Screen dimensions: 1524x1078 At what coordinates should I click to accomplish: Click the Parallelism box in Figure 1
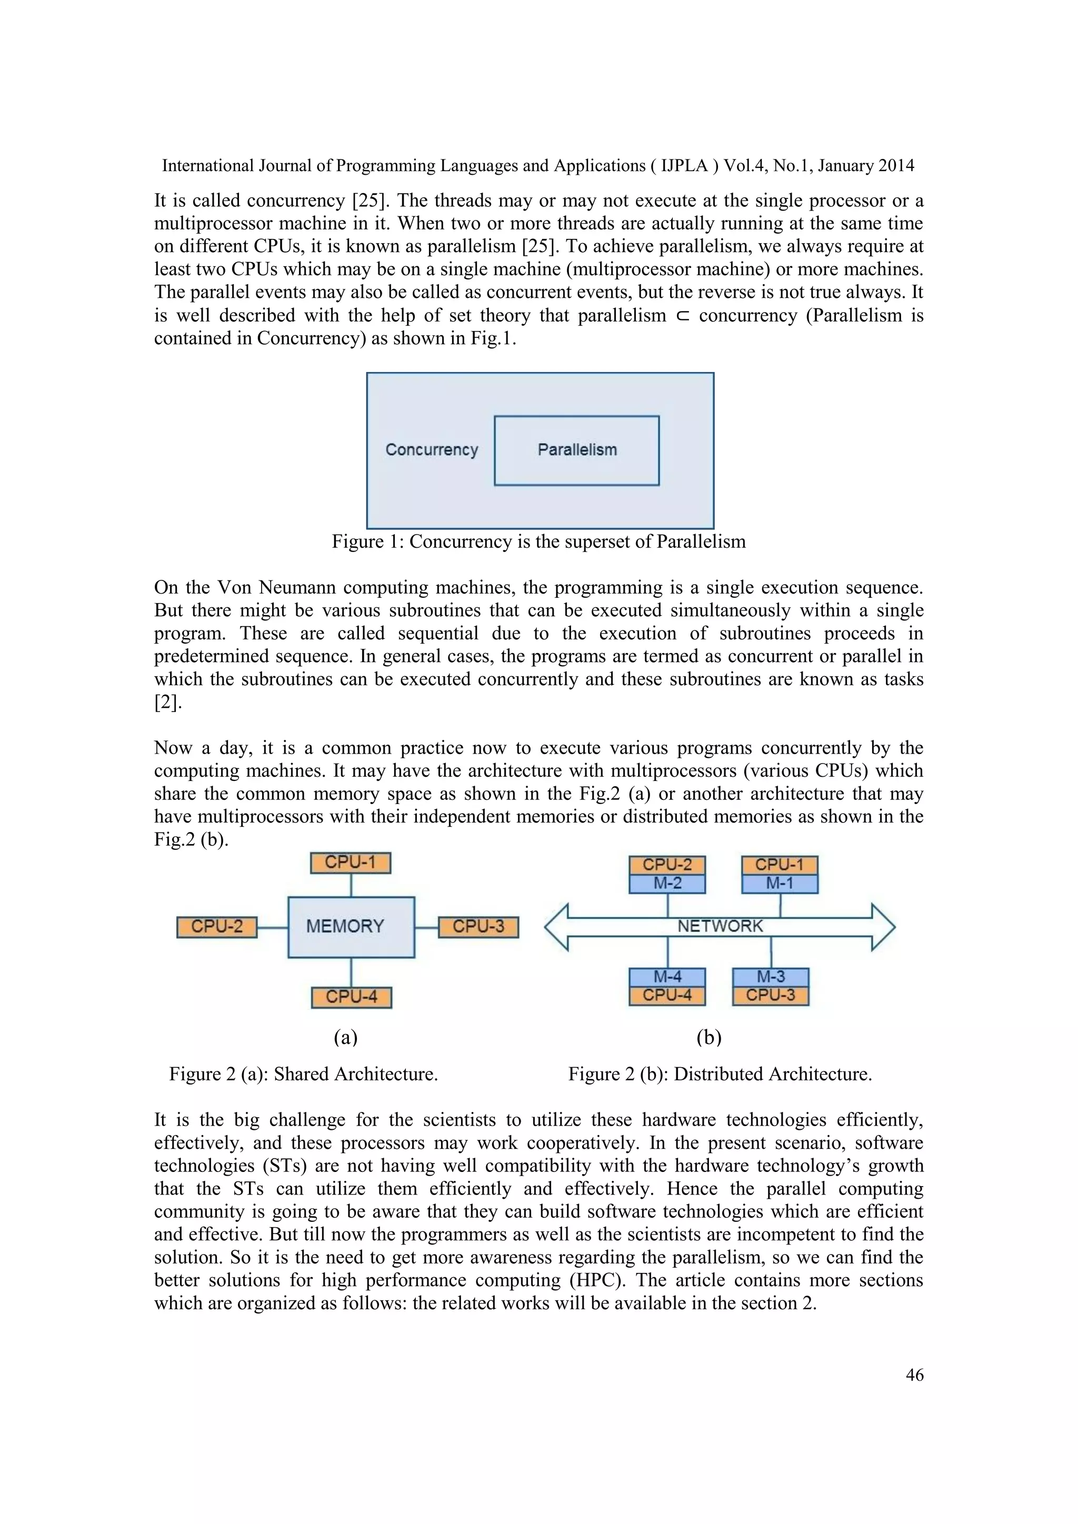576,450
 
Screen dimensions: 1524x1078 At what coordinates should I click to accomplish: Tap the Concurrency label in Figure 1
432,450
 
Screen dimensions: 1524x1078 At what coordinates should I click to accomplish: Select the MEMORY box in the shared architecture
351,927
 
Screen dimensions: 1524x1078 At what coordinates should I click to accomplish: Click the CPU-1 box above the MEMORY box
351,863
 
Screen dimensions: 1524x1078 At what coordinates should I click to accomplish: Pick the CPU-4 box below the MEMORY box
351,997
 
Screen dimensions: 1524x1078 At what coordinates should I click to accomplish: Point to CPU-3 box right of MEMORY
478,927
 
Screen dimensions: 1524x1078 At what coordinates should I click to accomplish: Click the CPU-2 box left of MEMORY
216,927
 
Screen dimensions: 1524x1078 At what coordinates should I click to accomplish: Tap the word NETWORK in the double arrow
720,927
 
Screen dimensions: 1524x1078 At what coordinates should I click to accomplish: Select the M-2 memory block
667,884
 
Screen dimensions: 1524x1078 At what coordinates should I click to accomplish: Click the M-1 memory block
780,884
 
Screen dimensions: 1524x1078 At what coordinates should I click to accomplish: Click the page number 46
914,1375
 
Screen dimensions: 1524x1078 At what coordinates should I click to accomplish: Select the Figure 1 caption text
538,542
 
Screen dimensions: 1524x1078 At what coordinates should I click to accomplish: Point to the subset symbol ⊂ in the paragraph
682,316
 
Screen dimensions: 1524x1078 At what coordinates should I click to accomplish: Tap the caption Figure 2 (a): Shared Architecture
303,1074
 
